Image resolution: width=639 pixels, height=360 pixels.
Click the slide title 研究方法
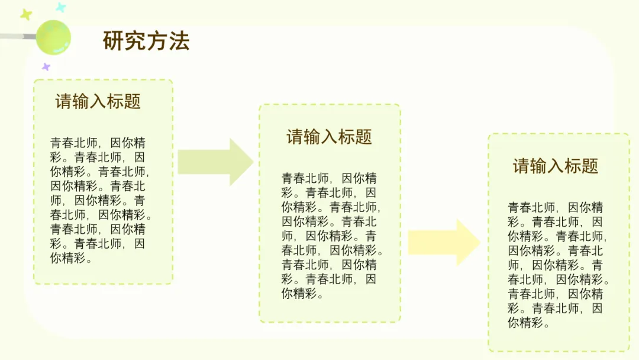(x=146, y=41)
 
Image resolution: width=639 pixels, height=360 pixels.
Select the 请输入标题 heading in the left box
(x=98, y=101)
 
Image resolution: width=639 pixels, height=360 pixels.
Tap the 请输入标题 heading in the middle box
(x=330, y=137)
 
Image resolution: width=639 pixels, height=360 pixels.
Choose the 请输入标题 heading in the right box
(x=556, y=166)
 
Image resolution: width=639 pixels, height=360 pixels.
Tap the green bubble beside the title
(x=53, y=37)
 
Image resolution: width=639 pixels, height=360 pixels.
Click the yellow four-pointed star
(x=25, y=14)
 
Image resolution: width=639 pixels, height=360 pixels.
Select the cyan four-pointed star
(x=60, y=8)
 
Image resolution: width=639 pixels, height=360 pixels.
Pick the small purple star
(x=46, y=67)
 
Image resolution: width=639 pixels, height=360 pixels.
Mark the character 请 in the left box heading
(x=64, y=101)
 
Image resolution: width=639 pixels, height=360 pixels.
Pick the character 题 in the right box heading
(x=590, y=166)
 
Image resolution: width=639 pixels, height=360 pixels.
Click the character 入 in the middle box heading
(x=330, y=137)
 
